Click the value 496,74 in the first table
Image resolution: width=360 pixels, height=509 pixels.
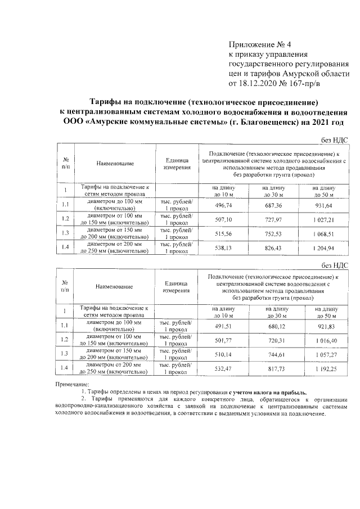[x=224, y=206]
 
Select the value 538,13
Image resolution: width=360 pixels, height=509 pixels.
[x=224, y=246]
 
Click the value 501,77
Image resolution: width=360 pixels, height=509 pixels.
[x=224, y=341]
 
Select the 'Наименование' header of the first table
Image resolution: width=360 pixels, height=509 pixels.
[x=115, y=164]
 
